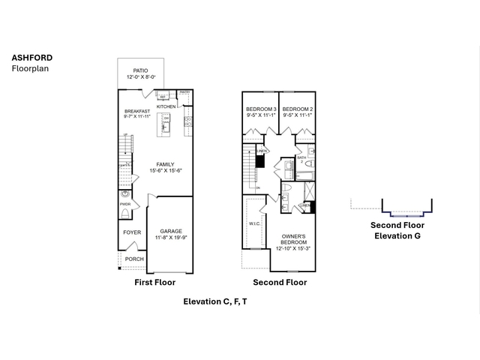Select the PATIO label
point(141,70)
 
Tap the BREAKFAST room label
point(137,112)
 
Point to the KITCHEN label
point(166,106)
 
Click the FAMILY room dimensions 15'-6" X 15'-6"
point(166,170)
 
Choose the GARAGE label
point(170,231)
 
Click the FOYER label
point(132,232)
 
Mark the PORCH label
point(134,259)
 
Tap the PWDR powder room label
point(124,203)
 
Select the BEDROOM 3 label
point(261,110)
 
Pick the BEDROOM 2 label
point(297,110)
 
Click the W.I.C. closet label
point(253,223)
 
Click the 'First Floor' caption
point(154,282)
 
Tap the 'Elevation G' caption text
point(397,235)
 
